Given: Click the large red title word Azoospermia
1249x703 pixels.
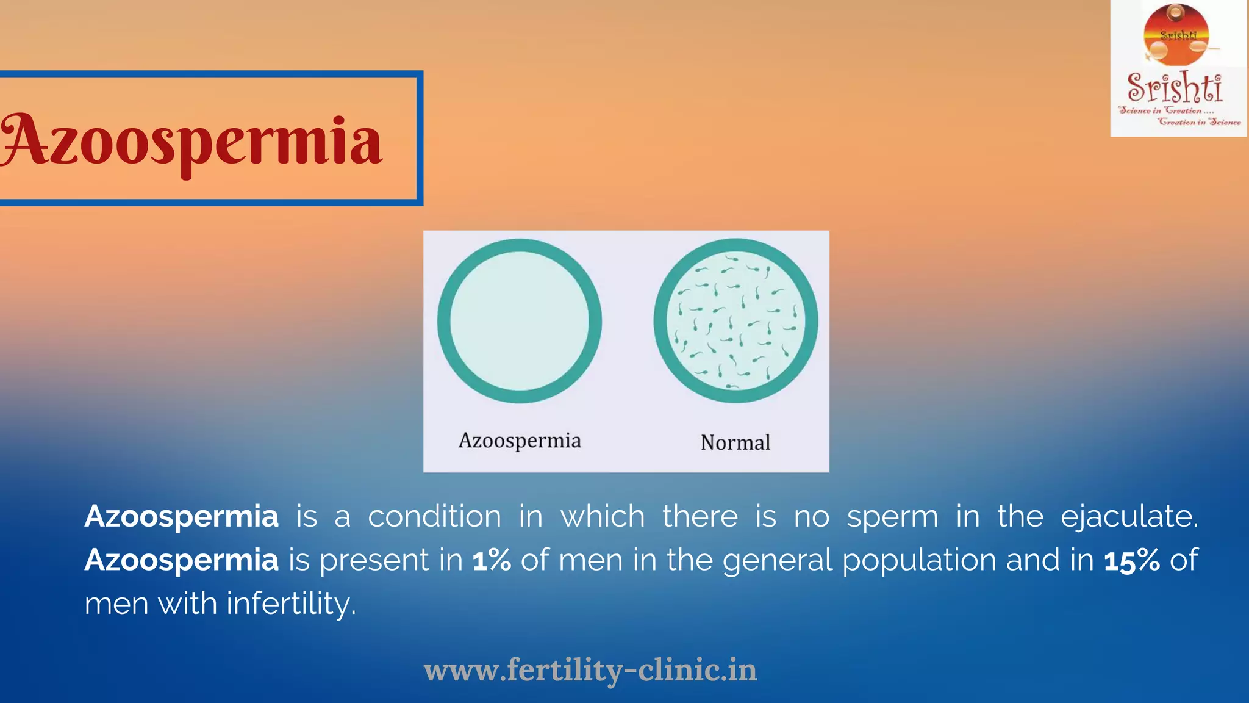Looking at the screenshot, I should click(x=192, y=142).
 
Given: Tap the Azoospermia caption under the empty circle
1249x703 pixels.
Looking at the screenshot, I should click(x=520, y=441).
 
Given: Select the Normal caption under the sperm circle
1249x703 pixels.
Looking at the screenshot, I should click(x=735, y=442).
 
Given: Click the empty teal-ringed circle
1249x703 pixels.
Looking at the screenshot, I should click(x=520, y=321).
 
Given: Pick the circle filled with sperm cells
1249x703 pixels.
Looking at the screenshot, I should click(x=735, y=321).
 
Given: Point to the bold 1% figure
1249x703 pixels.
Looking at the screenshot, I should click(x=492, y=560).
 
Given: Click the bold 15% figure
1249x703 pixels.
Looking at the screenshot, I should click(x=1132, y=560).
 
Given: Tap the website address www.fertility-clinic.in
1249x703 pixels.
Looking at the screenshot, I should click(x=590, y=670).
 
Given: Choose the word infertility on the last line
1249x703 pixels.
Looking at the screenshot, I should click(x=291, y=604).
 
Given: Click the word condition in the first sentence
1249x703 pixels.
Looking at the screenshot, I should click(x=434, y=516).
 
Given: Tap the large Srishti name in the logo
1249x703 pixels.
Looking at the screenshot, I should click(x=1175, y=87).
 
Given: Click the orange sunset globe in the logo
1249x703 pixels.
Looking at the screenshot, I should click(x=1176, y=35).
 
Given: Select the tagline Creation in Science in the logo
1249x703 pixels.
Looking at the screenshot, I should click(x=1199, y=122).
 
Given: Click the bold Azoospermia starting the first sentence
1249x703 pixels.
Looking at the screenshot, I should click(x=182, y=516).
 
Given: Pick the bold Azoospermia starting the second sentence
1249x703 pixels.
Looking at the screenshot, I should click(x=182, y=560).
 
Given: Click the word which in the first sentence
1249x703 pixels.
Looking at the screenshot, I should click(x=603, y=516).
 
